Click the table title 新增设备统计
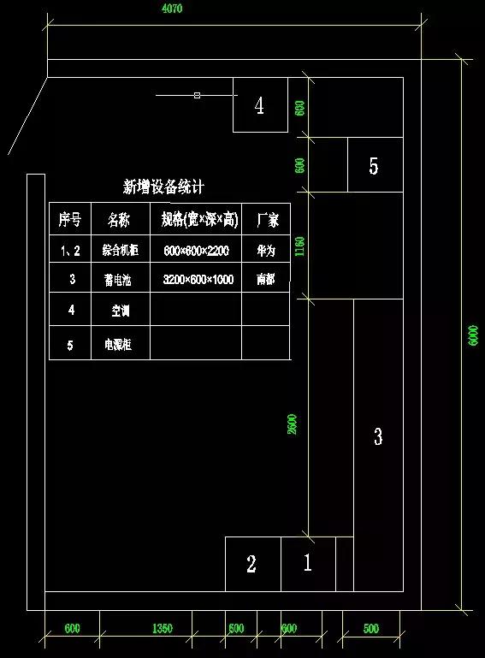point(163,187)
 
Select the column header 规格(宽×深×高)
point(198,220)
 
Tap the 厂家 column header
point(266,220)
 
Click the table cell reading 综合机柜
point(121,252)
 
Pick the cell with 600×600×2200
point(198,252)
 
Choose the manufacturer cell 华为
point(266,252)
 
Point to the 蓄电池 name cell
point(121,280)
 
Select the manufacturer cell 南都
point(266,280)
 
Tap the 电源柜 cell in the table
point(121,345)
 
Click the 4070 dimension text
point(172,9)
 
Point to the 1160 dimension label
point(299,247)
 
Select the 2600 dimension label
point(293,424)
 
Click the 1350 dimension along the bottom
point(162,629)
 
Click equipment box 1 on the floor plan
point(307,563)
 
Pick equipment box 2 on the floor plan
point(251,564)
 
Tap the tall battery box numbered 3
point(378,437)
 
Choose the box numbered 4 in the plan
point(260,105)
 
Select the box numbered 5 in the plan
point(374,166)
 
